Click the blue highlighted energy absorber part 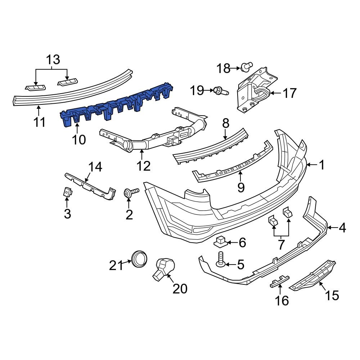click(x=115, y=106)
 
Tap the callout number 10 click(x=78, y=139)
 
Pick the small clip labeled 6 click(x=222, y=242)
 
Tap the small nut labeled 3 click(x=67, y=193)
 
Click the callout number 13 click(x=53, y=60)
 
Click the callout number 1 click(x=321, y=165)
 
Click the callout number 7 click(x=281, y=244)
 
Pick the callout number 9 click(x=240, y=187)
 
